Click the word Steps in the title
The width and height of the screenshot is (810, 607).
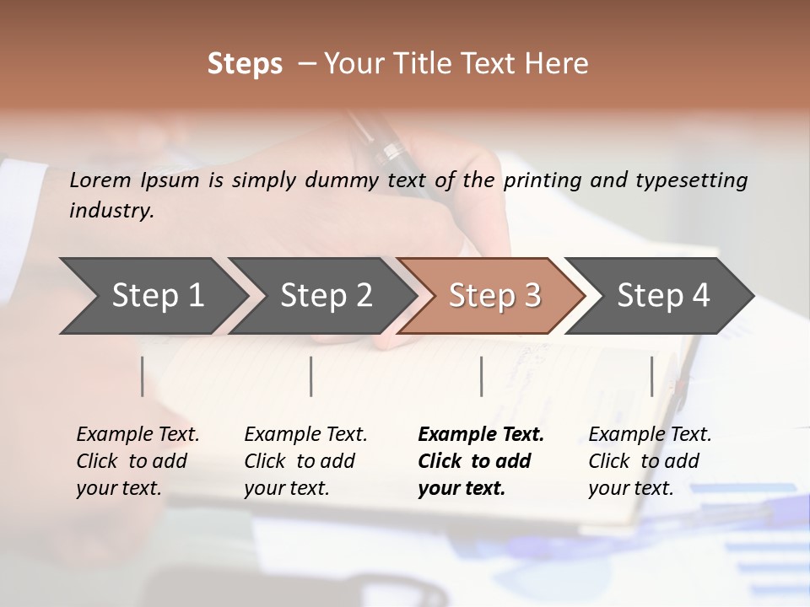coord(245,64)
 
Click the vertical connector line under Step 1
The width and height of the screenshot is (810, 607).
coord(143,376)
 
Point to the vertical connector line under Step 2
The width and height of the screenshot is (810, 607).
coord(311,376)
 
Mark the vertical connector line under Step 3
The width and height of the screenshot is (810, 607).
coord(481,376)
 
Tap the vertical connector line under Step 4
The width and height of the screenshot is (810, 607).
coord(651,376)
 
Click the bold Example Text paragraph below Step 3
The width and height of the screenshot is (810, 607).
coord(481,461)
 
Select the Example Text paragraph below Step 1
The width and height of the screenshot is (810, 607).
coord(138,461)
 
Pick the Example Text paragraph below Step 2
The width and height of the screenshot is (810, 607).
coord(305,461)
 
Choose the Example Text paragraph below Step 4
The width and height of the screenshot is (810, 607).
coord(650,461)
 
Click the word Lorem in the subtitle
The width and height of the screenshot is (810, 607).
coord(100,180)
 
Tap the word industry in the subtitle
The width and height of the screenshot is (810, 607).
coord(111,211)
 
